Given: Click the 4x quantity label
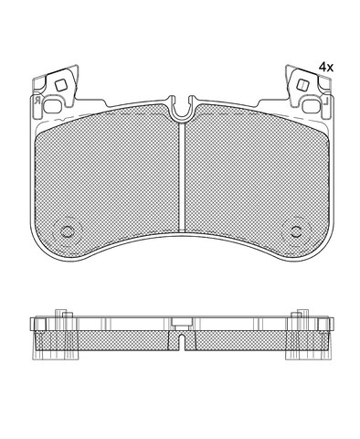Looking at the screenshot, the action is (x=326, y=67).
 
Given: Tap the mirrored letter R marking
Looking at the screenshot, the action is (x=37, y=100).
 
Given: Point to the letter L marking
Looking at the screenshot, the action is (x=325, y=101).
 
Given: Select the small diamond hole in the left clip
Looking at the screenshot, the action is (x=60, y=85).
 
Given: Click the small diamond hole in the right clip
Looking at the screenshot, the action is (x=302, y=85).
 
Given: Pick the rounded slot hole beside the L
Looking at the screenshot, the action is (x=312, y=106).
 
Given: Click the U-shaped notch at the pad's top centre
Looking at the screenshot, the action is (x=182, y=111).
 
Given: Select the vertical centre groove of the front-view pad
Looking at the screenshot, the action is (x=182, y=177).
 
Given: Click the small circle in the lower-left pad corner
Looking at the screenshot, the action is (x=67, y=231).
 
